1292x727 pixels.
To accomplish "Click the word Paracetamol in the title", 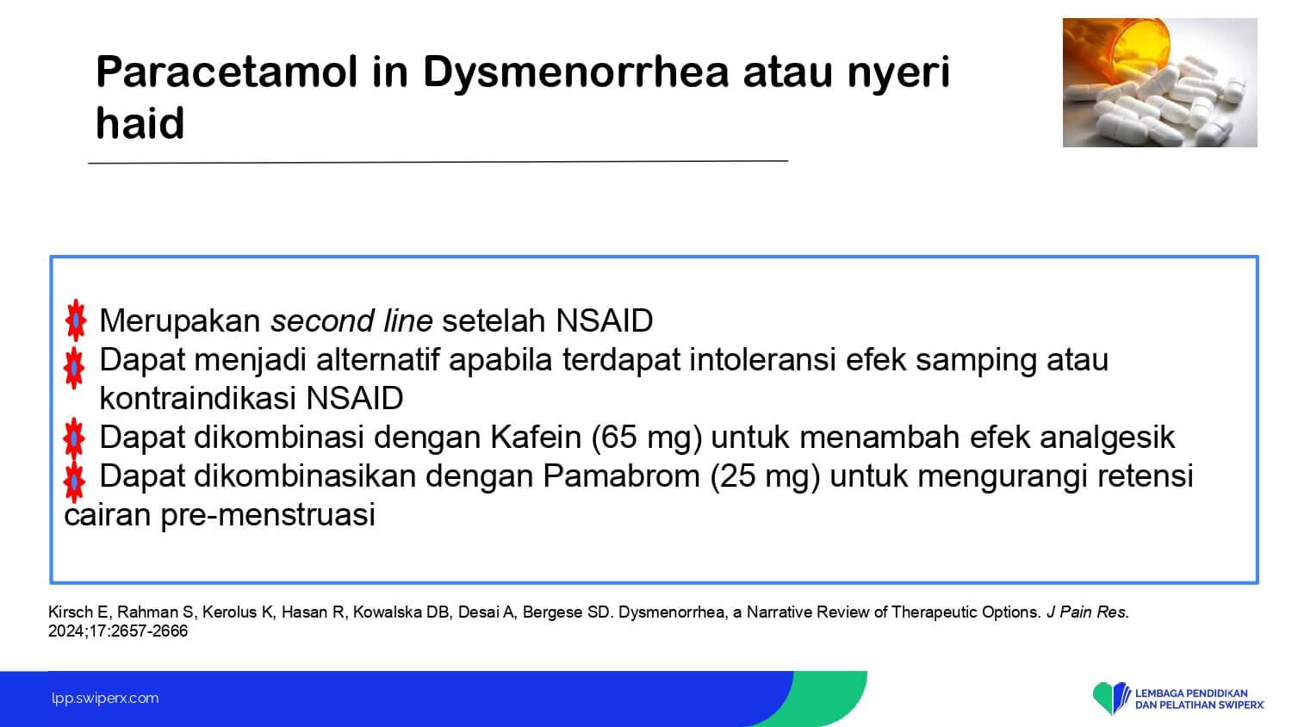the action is click(x=226, y=71).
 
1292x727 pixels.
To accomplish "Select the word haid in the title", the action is click(x=140, y=123).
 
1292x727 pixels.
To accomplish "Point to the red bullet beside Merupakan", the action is click(x=76, y=320).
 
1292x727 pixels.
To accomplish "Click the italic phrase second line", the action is click(x=351, y=320).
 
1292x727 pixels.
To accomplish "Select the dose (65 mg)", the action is click(x=647, y=438).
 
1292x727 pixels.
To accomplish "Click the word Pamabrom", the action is click(x=621, y=476).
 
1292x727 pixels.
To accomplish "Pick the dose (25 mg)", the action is click(x=765, y=476).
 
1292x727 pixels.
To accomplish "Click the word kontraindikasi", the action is click(x=198, y=398).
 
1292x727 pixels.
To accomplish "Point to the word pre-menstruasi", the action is click(x=268, y=515).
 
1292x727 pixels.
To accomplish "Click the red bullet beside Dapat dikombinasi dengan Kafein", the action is click(x=74, y=438).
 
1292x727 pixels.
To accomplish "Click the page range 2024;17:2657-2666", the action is click(x=118, y=631).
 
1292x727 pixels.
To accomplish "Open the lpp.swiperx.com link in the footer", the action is click(x=105, y=699).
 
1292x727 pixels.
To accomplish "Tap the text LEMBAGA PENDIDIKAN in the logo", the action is click(x=1191, y=693).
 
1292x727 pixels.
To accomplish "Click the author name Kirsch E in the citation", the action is click(x=78, y=612).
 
